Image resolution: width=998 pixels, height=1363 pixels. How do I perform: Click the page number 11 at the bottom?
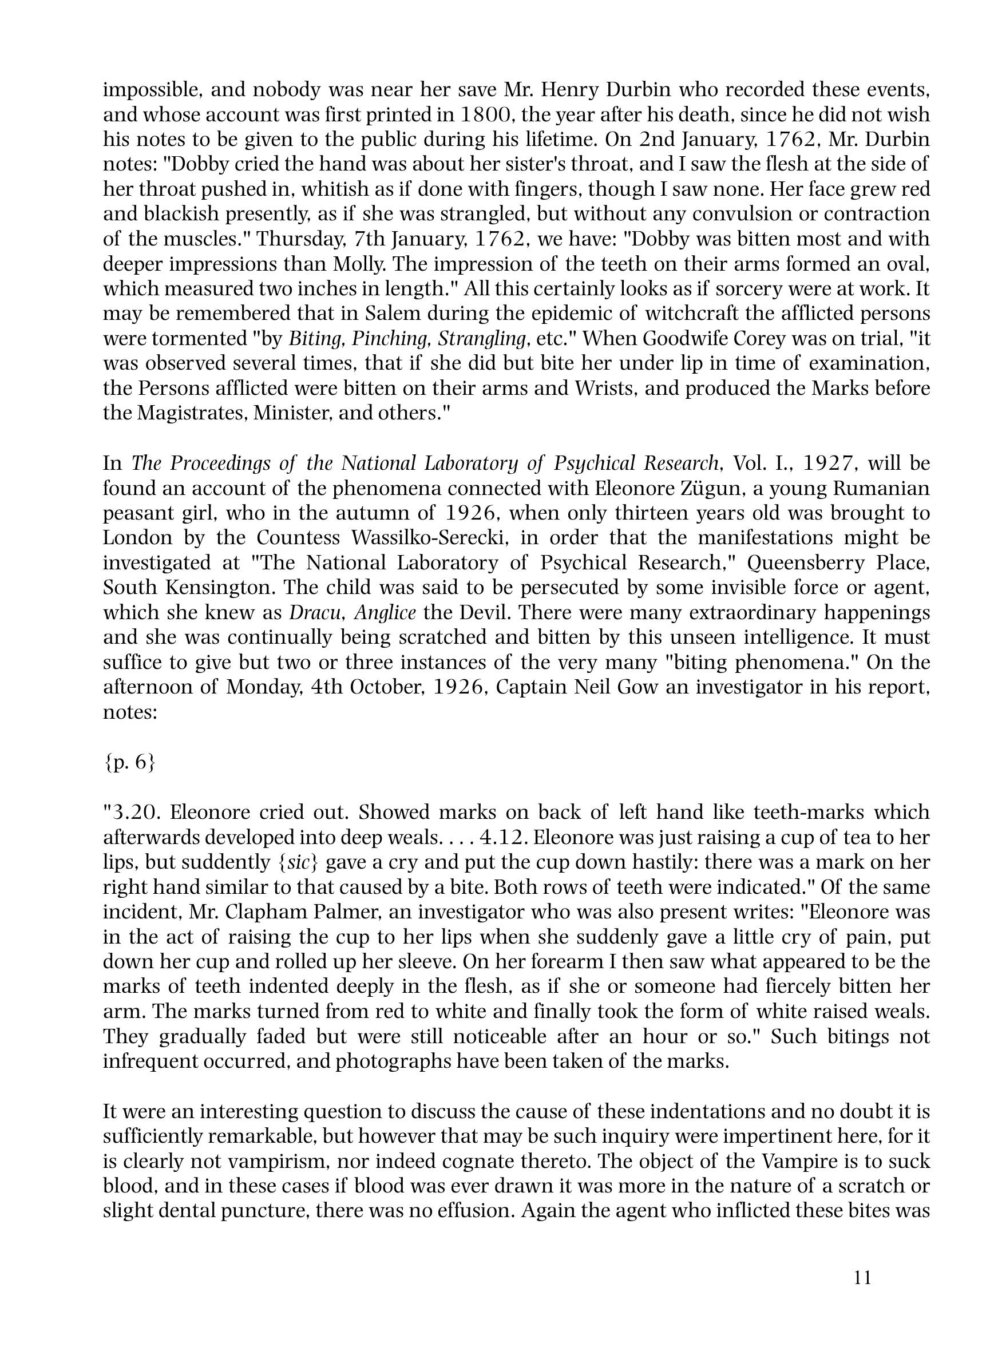[x=863, y=1277]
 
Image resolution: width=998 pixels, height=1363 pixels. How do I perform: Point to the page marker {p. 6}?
[x=129, y=762]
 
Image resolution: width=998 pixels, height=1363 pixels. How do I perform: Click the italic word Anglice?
[x=385, y=612]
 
